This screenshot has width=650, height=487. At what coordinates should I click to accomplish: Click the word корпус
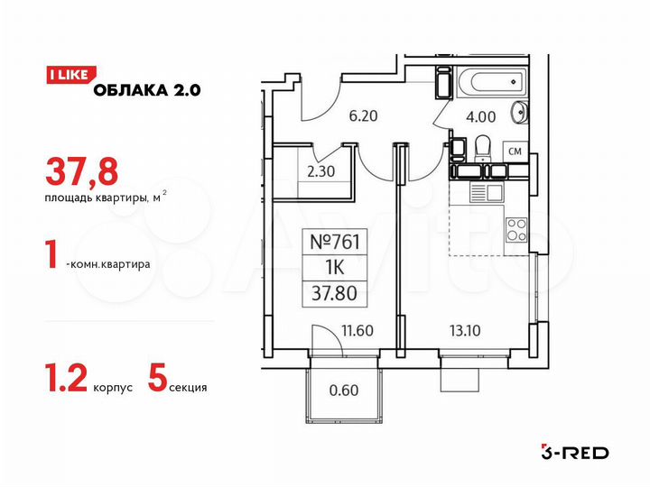[x=113, y=388]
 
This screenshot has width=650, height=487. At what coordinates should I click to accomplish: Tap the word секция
[x=189, y=388]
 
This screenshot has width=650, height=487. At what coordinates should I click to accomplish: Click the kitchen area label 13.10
[x=466, y=330]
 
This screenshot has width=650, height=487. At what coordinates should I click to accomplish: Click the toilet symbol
[x=483, y=147]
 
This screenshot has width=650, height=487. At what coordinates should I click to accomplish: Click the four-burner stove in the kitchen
[x=516, y=230]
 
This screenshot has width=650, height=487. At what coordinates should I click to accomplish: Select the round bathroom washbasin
[x=520, y=113]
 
